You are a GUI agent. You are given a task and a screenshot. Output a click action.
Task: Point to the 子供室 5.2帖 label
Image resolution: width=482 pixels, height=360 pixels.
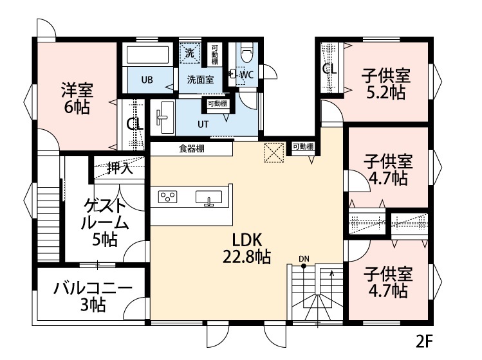pos(386,84)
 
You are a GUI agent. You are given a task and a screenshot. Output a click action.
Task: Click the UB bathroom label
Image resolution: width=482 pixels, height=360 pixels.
pos(147,80)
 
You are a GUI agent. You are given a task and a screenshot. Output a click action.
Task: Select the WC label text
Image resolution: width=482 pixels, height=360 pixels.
pos(247,75)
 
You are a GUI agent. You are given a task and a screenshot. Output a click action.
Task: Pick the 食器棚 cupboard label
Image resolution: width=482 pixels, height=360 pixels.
pos(191,149)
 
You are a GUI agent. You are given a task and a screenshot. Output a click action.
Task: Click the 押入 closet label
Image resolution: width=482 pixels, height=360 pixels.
pos(120,169)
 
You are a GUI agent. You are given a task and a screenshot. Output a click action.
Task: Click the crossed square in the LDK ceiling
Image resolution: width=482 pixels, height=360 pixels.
pos(275,152)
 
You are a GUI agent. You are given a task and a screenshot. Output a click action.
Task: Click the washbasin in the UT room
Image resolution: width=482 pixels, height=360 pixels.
pos(163,116)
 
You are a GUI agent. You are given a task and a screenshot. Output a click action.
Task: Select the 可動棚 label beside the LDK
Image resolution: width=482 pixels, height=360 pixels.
pos(302,147)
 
